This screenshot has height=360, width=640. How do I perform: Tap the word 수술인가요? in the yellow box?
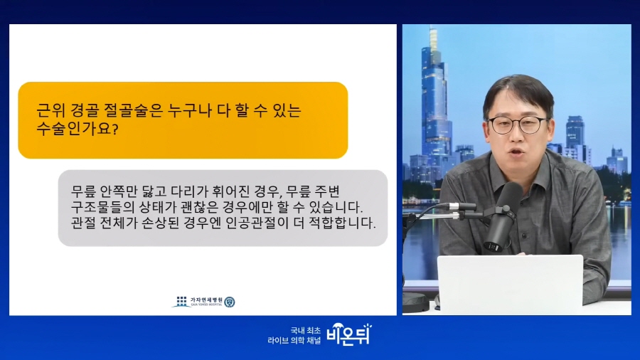77,129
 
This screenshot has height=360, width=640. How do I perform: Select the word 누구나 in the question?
189,110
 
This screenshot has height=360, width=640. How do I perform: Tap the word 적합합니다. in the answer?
342,223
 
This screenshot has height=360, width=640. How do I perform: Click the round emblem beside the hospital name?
230,302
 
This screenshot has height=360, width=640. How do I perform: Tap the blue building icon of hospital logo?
181,302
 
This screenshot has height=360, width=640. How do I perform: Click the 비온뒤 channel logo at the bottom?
349,334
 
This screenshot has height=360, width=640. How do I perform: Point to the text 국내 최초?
306,330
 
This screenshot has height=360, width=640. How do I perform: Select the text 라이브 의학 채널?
294,340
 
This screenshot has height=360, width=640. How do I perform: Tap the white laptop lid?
510,285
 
